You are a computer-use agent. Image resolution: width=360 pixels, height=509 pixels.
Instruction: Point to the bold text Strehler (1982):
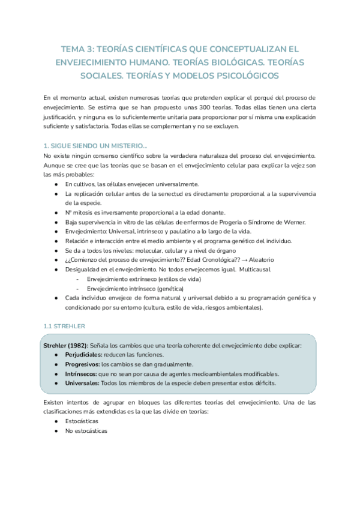point(66,346)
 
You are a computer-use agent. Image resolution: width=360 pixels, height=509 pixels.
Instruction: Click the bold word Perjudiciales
point(82,355)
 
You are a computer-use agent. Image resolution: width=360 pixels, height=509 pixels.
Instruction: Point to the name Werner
point(292,222)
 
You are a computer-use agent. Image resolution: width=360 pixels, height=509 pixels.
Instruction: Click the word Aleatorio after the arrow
point(257,260)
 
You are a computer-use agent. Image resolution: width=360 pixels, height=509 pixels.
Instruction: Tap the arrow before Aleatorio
point(235,260)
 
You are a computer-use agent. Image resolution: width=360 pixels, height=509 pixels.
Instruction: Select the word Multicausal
point(249,270)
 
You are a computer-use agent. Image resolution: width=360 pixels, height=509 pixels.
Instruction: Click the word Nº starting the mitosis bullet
point(69,212)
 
